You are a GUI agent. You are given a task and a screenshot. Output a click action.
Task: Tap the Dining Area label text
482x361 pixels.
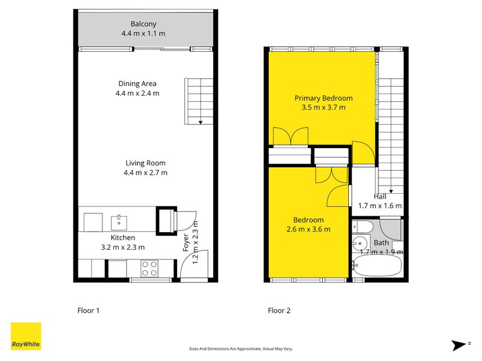[x=137, y=84]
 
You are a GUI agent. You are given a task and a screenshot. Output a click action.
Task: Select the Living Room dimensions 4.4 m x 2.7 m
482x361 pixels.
[x=145, y=173]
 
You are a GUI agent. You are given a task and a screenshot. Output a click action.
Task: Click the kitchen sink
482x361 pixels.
[x=120, y=222]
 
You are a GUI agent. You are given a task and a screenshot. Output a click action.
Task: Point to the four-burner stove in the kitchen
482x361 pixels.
[x=149, y=268]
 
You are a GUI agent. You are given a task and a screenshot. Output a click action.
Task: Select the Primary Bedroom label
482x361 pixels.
[x=323, y=98]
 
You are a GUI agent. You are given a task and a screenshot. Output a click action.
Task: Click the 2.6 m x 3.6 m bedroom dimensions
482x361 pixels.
[x=308, y=229]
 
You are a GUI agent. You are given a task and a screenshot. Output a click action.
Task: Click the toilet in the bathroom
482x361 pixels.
[x=363, y=227]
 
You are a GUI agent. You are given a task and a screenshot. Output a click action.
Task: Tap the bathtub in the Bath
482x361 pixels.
[x=378, y=266]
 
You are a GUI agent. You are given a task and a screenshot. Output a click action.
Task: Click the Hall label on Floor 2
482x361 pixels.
[x=380, y=196]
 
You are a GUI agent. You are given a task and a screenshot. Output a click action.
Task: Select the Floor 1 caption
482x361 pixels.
[x=88, y=311]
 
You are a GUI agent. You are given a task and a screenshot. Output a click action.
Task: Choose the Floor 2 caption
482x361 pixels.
[x=279, y=311]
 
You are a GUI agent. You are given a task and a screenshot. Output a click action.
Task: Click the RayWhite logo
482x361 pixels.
[x=26, y=336]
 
